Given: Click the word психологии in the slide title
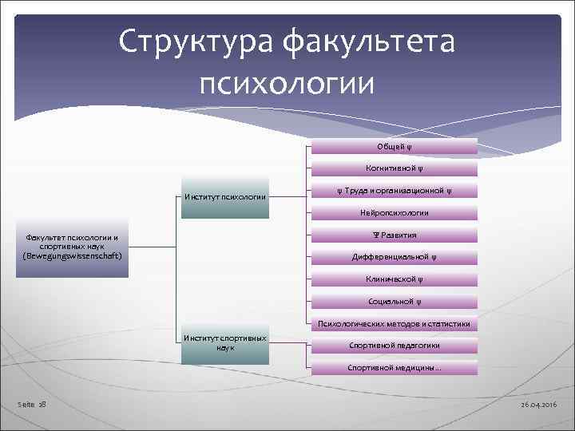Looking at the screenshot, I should pyautogui.click(x=287, y=81).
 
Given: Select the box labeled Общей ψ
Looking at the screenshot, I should pyautogui.click(x=394, y=146).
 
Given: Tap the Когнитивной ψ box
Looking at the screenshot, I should pyautogui.click(x=394, y=168).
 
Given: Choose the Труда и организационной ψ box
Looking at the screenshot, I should pyautogui.click(x=394, y=191).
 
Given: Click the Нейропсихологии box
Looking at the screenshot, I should pyautogui.click(x=394, y=213).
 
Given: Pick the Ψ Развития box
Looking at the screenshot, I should pyautogui.click(x=394, y=235).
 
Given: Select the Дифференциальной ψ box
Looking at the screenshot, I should pyautogui.click(x=394, y=257).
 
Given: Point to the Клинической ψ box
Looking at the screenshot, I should pyautogui.click(x=394, y=279).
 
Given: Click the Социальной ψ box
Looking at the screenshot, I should pyautogui.click(x=394, y=302).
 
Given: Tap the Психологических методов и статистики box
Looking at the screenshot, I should pyautogui.click(x=394, y=324).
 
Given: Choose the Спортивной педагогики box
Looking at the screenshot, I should pyautogui.click(x=394, y=346).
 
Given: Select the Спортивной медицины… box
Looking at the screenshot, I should pyautogui.click(x=394, y=368).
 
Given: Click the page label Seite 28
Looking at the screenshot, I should pyautogui.click(x=32, y=405).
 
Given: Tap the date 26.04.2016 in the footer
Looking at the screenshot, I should pyautogui.click(x=541, y=405).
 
